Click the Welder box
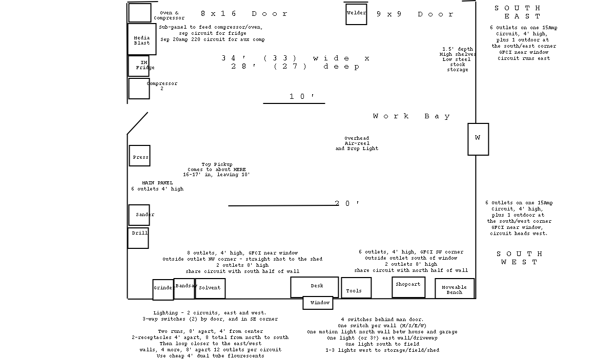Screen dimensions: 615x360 point(356,14)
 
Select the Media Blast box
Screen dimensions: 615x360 point(141,39)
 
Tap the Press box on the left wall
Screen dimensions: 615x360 point(139,156)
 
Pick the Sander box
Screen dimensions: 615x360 point(139,215)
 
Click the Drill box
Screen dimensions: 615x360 point(138,238)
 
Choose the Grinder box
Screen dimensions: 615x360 point(163,290)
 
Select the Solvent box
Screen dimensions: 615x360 point(210,289)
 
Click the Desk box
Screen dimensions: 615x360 point(314,287)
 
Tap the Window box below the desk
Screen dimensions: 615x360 point(318,303)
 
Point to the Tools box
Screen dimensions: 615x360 point(356,288)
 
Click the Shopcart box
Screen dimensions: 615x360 point(408,287)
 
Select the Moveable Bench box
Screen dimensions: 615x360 point(455,289)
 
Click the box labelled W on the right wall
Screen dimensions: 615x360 point(478,139)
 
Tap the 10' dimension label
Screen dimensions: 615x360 point(301,96)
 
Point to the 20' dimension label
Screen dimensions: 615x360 point(347,203)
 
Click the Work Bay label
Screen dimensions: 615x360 point(411,116)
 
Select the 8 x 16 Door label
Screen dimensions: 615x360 point(244,13)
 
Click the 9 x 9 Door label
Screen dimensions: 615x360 point(415,14)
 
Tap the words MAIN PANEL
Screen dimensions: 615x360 point(157,183)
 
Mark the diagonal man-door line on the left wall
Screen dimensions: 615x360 point(137,123)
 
